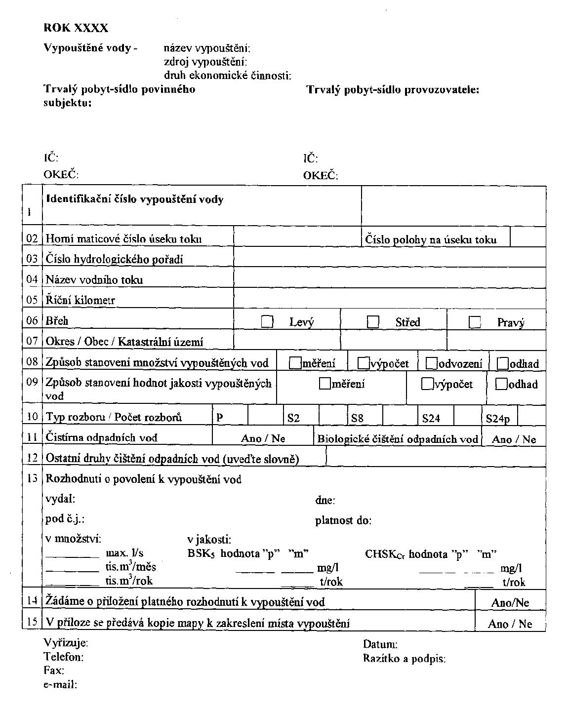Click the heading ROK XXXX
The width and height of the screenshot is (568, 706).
coord(76,28)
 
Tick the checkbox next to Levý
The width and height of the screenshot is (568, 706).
coord(267,322)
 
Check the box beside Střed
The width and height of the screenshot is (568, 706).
coord(373,322)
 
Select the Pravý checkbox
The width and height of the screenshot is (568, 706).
coord(475,322)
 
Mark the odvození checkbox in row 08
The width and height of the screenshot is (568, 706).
coord(431,363)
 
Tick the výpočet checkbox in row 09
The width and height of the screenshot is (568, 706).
coord(427,384)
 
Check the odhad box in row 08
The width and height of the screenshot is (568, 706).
coord(503,363)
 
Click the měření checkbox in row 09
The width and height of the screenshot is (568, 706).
coord(325,383)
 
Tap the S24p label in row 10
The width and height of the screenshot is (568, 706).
coord(498,419)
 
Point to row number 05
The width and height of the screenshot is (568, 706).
coord(32,300)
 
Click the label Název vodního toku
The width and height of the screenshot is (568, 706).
coord(94,280)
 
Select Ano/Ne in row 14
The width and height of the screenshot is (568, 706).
coord(510,602)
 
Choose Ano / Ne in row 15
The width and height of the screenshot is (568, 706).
coord(510,624)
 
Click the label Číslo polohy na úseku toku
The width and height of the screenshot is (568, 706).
coord(431,239)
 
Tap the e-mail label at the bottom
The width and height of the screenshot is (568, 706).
coord(61,684)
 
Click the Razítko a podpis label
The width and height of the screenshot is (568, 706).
coord(404,658)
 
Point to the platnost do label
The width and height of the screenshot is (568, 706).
coord(343,520)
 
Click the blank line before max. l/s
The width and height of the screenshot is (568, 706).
coord(73,556)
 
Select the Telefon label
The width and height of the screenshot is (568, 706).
coord(64,657)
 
